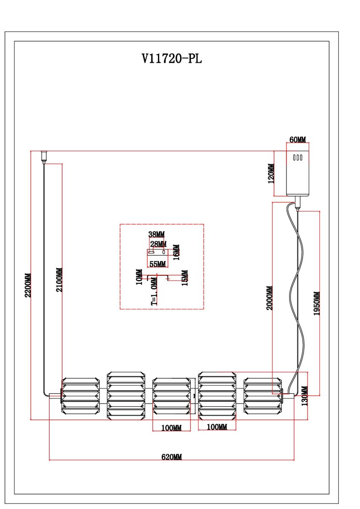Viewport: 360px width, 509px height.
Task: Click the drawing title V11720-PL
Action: point(172,59)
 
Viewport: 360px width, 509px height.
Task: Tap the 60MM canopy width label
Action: point(298,140)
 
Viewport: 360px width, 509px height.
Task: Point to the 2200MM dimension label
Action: point(28,285)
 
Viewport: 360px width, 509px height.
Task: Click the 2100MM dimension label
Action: point(59,280)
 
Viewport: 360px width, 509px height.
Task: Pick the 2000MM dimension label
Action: point(270,298)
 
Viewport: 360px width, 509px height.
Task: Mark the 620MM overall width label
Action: point(172,457)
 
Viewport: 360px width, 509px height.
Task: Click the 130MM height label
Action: point(304,396)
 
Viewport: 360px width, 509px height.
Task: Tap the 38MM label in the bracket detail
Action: point(156,234)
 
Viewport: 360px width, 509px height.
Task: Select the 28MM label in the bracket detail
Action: point(158,244)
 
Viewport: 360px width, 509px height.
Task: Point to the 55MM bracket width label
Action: point(157,264)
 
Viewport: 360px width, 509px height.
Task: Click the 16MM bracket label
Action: point(176,252)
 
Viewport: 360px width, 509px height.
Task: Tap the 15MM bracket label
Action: point(185,278)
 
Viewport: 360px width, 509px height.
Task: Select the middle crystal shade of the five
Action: point(171,395)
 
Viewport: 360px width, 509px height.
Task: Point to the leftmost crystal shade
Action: point(80,395)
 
